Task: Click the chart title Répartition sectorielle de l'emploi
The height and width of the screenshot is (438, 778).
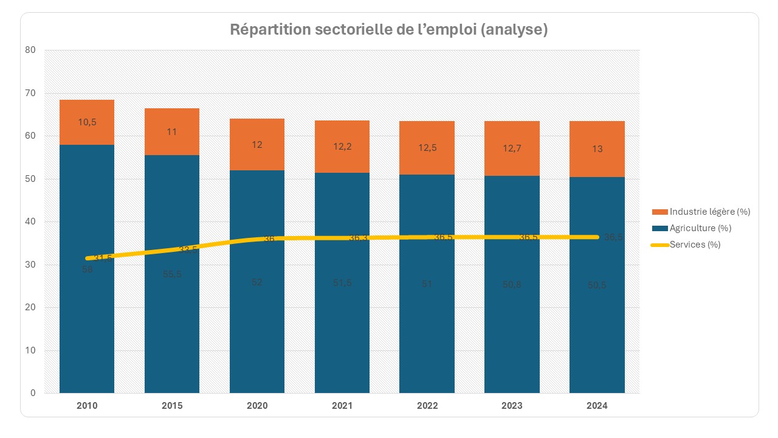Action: pyautogui.click(x=389, y=30)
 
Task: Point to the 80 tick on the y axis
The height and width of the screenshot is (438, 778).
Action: pyautogui.click(x=32, y=50)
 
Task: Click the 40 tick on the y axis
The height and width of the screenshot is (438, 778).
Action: pyautogui.click(x=32, y=221)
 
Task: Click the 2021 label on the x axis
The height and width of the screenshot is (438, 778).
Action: pyautogui.click(x=342, y=406)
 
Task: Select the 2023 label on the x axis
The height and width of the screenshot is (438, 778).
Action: pyautogui.click(x=512, y=406)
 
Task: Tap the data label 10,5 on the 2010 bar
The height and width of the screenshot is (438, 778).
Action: pyautogui.click(x=87, y=122)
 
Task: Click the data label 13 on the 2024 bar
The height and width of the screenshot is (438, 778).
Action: pyautogui.click(x=597, y=149)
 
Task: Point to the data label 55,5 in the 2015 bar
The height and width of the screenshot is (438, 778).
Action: pyautogui.click(x=172, y=274)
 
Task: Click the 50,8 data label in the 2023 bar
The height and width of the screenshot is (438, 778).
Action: pyautogui.click(x=512, y=284)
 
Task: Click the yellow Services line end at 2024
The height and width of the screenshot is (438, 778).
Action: pyautogui.click(x=598, y=237)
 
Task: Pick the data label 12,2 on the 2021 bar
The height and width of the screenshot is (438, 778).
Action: pyautogui.click(x=342, y=147)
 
